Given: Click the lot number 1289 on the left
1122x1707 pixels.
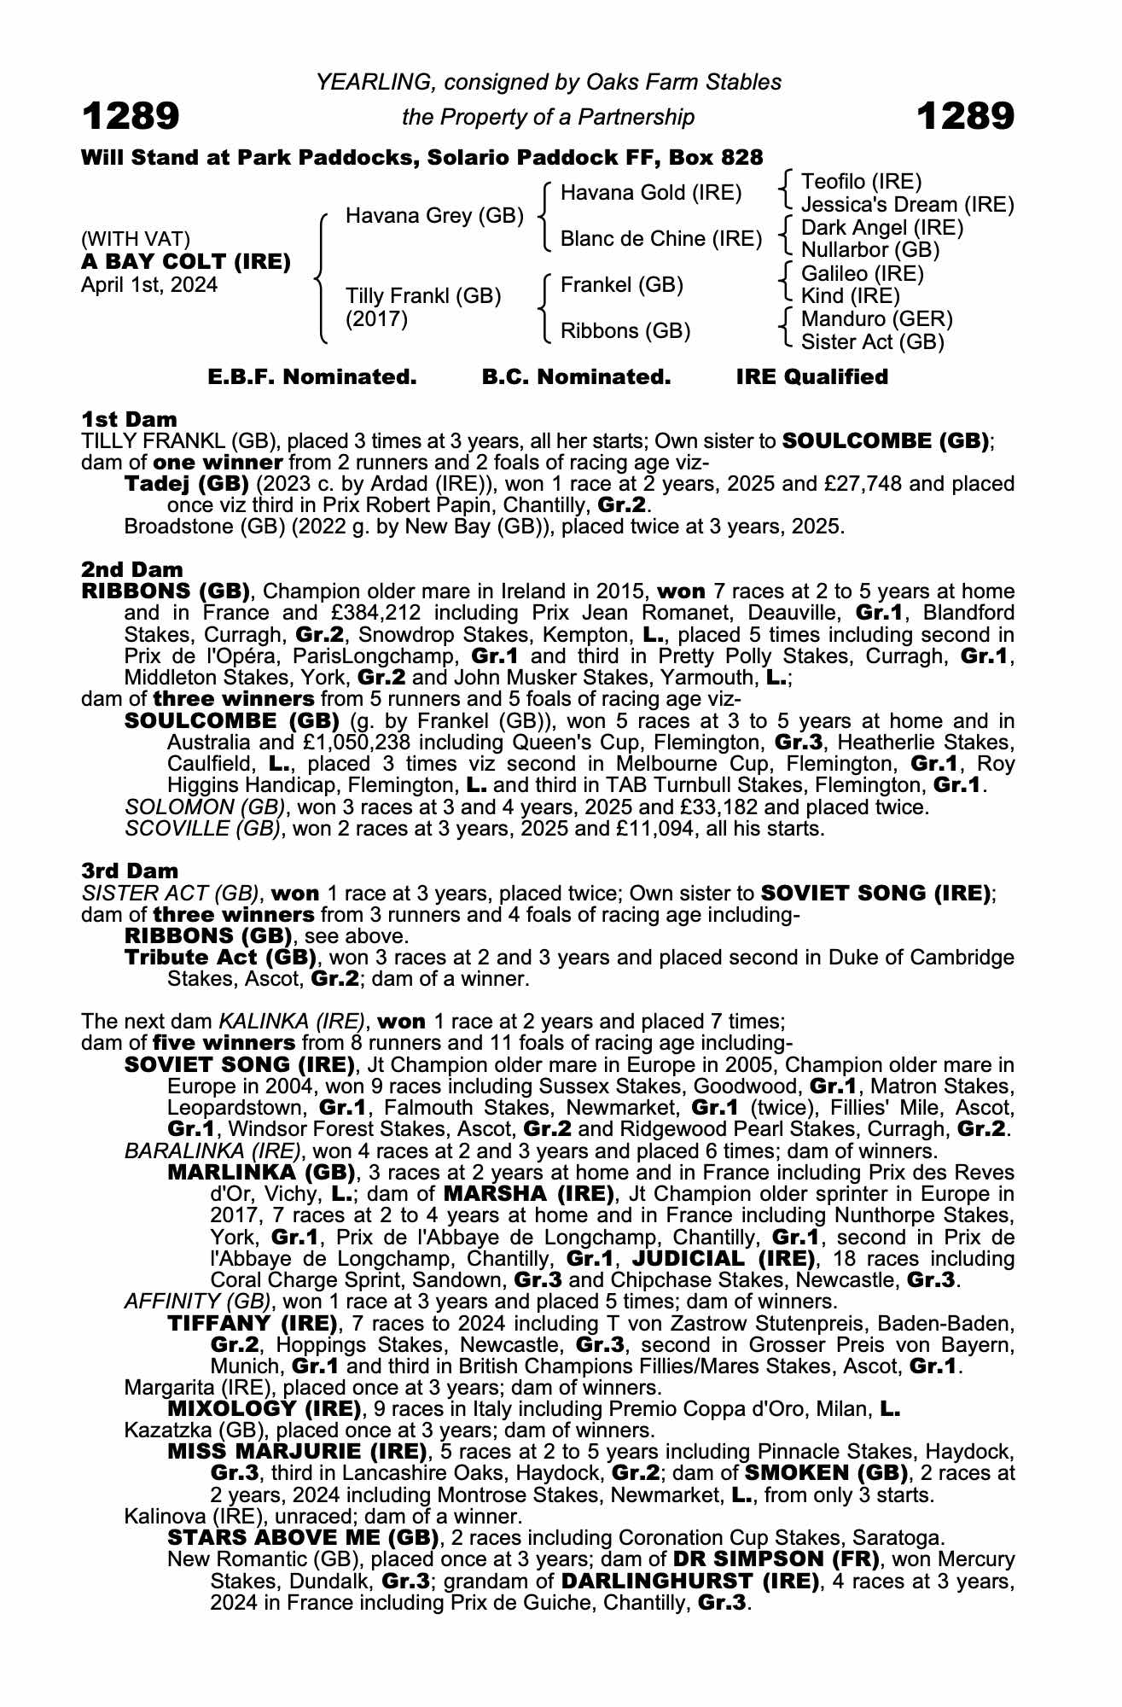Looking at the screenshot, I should coord(131,116).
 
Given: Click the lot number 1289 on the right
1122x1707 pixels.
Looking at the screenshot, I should coord(965,116).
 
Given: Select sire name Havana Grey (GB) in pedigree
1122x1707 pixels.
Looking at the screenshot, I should coord(434,216).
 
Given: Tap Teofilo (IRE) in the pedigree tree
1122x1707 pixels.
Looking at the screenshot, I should coord(862,181).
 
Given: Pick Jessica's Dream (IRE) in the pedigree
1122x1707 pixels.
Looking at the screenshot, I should coord(908,205).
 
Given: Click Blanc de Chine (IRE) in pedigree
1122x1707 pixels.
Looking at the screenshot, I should coord(661,239).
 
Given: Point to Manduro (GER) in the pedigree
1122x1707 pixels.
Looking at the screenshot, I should coord(877,319).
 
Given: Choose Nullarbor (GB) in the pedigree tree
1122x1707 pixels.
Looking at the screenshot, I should coord(870,250).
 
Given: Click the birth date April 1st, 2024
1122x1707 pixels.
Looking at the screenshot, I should coord(149,285).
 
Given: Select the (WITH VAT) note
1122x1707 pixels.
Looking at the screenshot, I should coord(136,239).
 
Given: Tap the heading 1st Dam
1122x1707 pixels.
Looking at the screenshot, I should coord(129,419).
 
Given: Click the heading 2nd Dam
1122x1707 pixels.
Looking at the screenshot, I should coord(132,569).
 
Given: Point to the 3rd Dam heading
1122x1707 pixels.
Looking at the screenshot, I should coord(130,871).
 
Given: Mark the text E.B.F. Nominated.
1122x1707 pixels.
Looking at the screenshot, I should coord(312,377).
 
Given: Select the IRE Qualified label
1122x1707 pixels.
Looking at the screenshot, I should coord(812,377).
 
